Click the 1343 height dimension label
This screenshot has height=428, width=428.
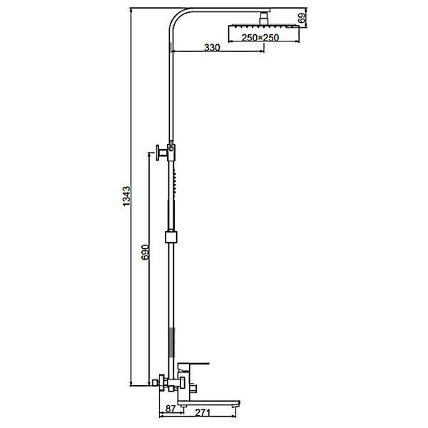click(126, 196)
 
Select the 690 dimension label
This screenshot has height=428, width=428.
click(145, 252)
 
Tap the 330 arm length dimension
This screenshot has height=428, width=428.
click(212, 48)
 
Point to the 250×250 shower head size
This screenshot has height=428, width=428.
click(260, 37)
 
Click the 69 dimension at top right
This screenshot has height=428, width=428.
click(301, 18)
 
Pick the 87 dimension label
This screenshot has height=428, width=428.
click(170, 409)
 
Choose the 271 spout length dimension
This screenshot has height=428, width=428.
click(203, 412)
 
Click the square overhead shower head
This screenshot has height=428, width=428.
click(264, 26)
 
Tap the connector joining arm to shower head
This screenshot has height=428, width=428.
click(264, 19)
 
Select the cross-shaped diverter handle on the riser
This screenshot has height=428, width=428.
click(161, 153)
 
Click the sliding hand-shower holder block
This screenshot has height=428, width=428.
click(171, 237)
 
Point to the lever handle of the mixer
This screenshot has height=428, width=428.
click(193, 365)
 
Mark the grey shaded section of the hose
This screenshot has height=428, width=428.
click(171, 342)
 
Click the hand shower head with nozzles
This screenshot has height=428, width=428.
click(175, 181)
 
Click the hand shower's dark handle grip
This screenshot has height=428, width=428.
click(170, 214)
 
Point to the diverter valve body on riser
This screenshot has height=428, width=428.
click(171, 151)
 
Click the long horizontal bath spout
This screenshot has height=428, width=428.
click(208, 403)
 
